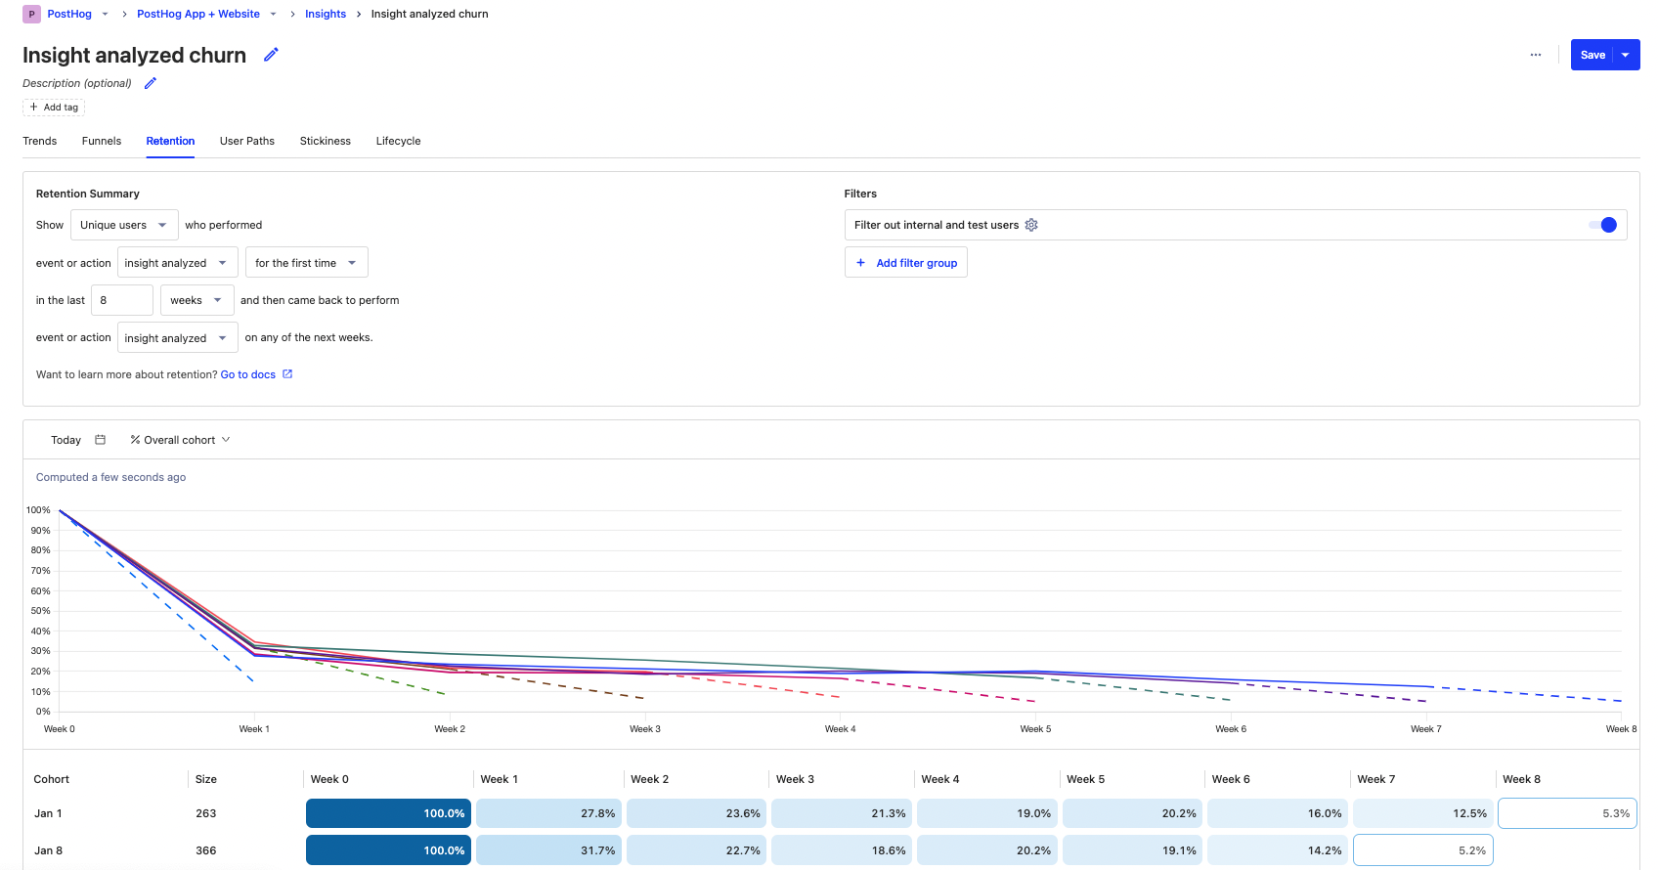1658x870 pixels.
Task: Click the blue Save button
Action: click(x=1592, y=55)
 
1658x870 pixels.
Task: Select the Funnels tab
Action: click(x=102, y=141)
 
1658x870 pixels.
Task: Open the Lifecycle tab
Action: click(x=398, y=141)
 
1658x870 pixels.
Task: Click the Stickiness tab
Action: click(x=325, y=141)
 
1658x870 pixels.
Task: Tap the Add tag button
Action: click(x=54, y=108)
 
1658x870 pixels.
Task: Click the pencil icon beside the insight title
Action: click(x=271, y=55)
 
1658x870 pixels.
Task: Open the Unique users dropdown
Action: click(x=124, y=225)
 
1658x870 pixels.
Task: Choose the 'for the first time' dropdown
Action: click(x=306, y=263)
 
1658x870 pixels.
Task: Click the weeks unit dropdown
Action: click(x=196, y=300)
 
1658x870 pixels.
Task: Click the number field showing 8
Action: click(x=121, y=300)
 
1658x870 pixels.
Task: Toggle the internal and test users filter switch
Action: click(x=1602, y=225)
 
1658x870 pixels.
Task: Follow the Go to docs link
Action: click(x=248, y=374)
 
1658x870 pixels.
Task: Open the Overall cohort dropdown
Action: click(x=181, y=440)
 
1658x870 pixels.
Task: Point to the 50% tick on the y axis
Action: click(x=40, y=611)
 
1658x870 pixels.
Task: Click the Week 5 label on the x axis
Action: click(x=1035, y=729)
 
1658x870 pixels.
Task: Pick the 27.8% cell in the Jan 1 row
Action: click(x=548, y=813)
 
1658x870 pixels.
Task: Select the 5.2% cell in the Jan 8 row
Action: click(x=1422, y=850)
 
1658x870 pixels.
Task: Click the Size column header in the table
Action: click(x=206, y=779)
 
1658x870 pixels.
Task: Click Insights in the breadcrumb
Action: click(x=326, y=14)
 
